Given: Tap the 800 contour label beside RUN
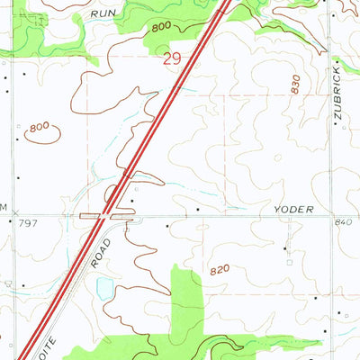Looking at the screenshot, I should pos(160,28).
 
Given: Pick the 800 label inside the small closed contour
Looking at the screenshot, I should pos(39,128).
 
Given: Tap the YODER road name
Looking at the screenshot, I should pos(293,209).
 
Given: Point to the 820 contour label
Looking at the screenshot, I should pos(220,269).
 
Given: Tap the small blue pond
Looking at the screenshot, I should pos(105,289).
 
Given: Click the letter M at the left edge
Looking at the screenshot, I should pos(4,208).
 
